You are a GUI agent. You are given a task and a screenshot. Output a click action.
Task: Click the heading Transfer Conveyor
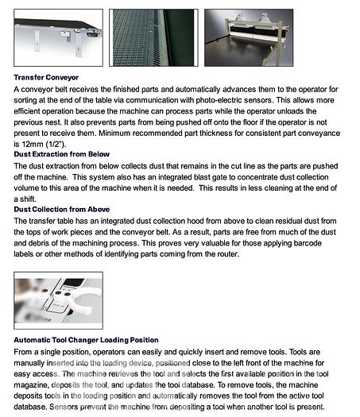(46, 77)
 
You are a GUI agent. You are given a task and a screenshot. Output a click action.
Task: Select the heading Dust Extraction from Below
(62, 154)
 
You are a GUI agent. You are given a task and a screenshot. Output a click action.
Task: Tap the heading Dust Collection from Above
(62, 210)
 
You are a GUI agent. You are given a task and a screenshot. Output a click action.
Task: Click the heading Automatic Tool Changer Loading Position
(86, 340)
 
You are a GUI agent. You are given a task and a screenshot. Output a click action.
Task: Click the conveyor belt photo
(58, 37)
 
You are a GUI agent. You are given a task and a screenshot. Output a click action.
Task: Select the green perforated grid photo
(153, 37)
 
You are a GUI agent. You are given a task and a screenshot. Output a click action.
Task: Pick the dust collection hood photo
(249, 37)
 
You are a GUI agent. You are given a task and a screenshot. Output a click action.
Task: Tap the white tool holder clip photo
(58, 300)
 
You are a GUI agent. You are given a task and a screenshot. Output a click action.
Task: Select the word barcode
(308, 243)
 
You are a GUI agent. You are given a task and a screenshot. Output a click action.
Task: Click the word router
(228, 254)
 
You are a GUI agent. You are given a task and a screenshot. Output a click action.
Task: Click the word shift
(28, 199)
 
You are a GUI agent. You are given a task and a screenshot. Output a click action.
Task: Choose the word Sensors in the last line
(64, 407)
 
